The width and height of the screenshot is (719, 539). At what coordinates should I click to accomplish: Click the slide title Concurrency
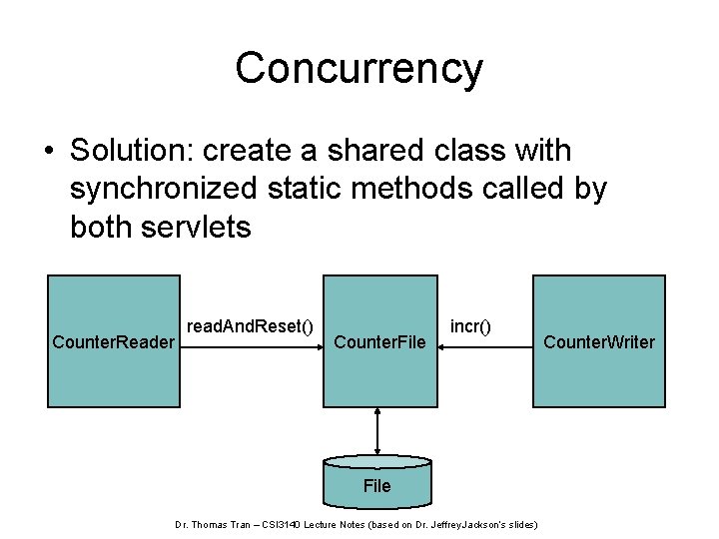click(x=359, y=69)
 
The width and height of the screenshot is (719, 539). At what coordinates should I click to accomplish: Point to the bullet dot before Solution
click(x=47, y=152)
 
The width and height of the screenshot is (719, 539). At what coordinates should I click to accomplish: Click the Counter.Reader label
click(x=114, y=342)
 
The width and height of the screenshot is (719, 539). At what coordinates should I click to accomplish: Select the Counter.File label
click(x=379, y=342)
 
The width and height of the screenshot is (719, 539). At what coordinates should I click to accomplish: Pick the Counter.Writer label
click(x=599, y=342)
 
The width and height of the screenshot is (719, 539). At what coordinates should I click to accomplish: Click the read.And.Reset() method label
click(x=250, y=325)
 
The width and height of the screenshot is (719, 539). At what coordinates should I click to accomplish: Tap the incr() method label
click(x=470, y=325)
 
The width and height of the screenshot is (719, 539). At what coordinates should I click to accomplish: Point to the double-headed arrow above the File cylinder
click(x=377, y=431)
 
